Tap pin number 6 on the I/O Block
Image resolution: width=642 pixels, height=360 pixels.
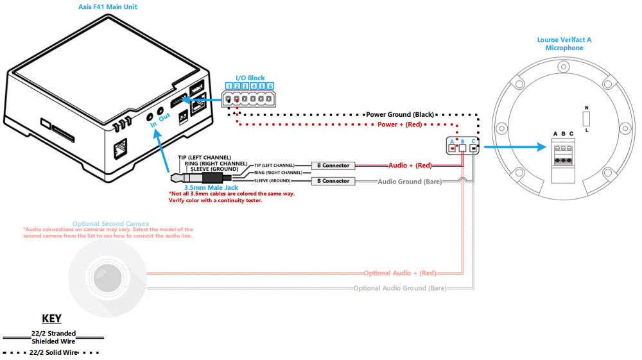[x=270, y=86]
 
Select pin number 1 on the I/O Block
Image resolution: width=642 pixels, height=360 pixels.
[x=229, y=86]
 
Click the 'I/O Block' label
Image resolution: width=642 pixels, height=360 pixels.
[x=250, y=78]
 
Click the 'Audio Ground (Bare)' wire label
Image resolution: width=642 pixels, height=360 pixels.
[x=410, y=182]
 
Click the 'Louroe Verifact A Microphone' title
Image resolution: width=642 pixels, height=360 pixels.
[x=564, y=44]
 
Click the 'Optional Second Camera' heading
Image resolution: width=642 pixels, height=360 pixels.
[x=110, y=224]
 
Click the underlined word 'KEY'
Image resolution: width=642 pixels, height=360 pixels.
[x=51, y=318]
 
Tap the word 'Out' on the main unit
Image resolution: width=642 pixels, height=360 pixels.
[x=164, y=117]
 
